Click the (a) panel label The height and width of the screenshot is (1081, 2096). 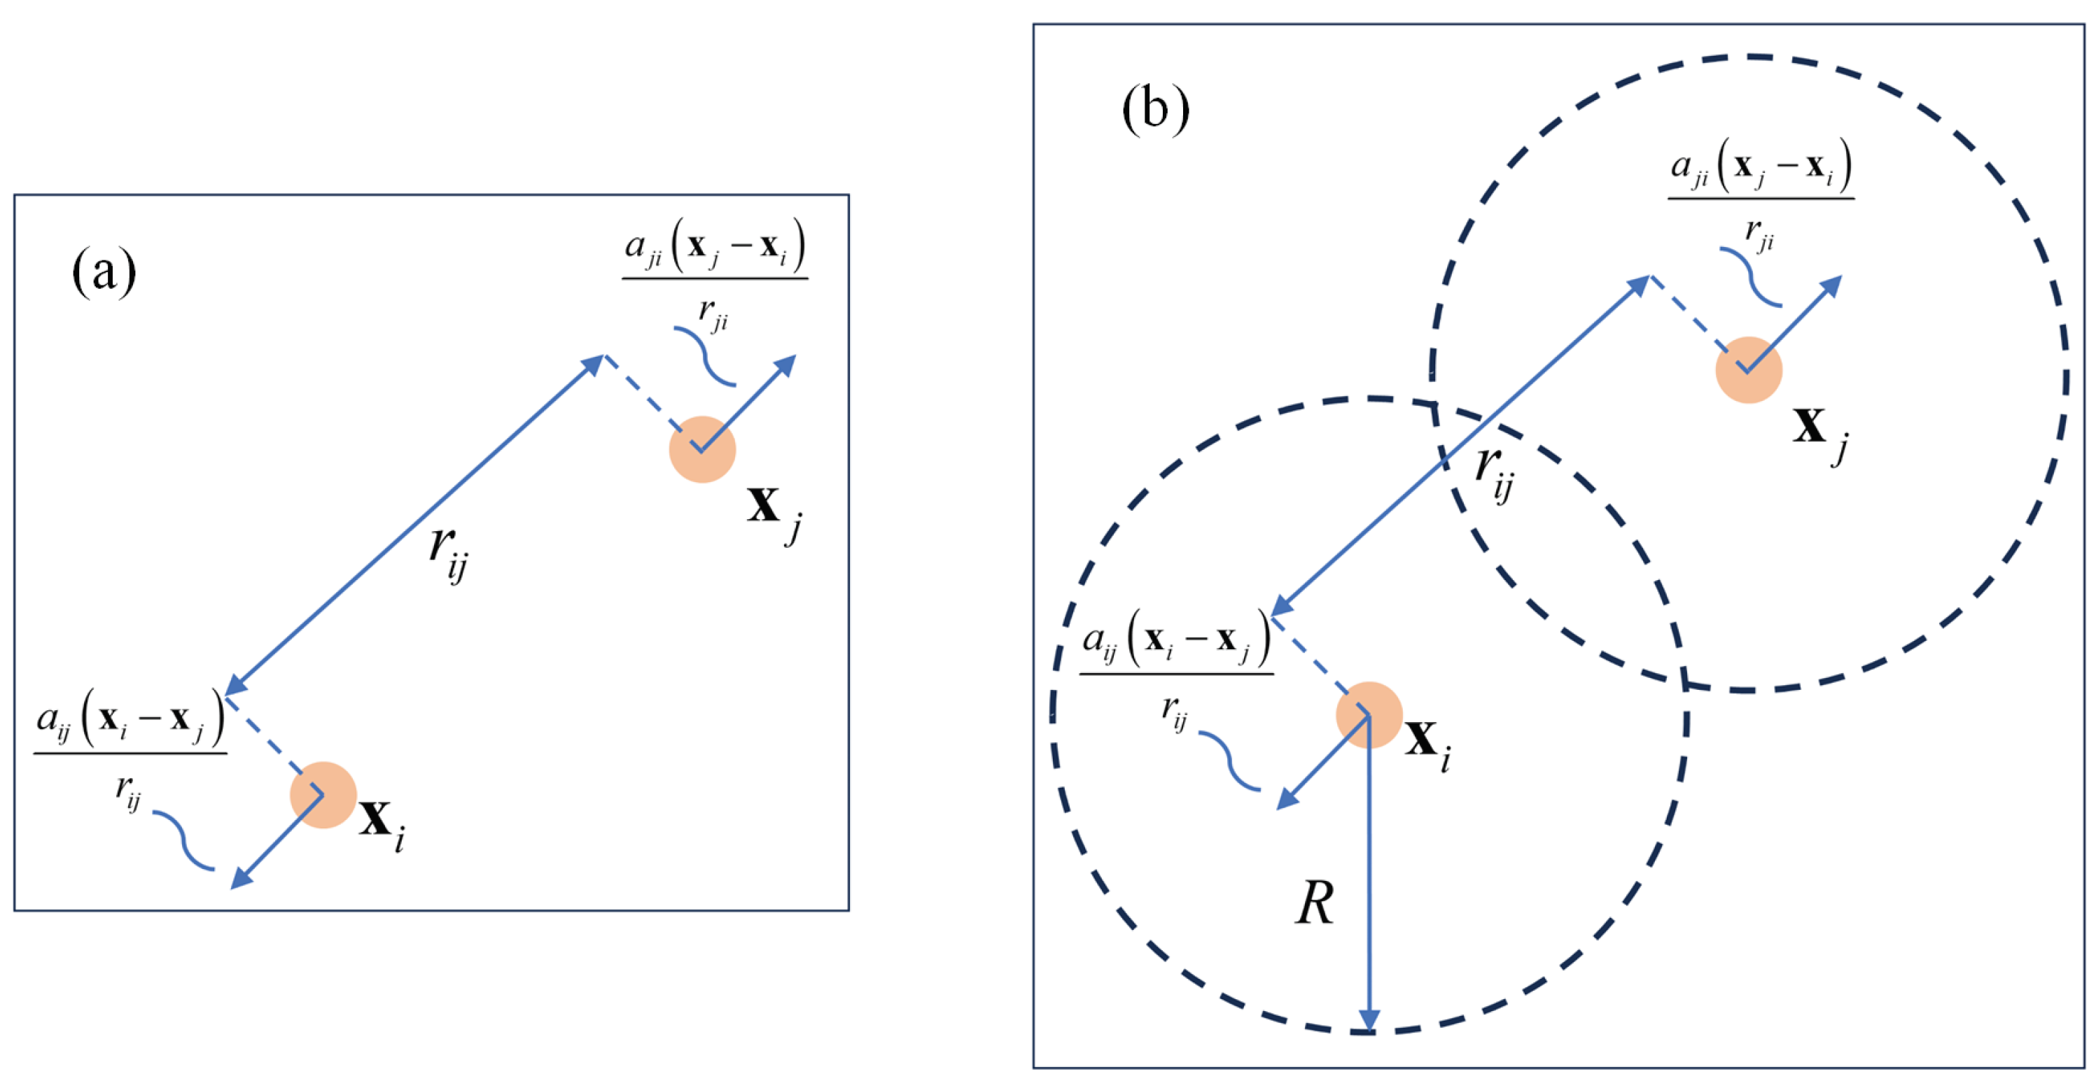coord(104,271)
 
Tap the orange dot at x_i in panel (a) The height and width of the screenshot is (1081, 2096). coord(323,795)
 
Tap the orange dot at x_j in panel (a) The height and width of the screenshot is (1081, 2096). coord(702,449)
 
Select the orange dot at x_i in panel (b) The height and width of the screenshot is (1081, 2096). coord(1369,714)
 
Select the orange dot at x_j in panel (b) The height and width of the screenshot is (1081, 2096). coord(1749,370)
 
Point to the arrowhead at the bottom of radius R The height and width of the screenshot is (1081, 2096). coord(1369,1021)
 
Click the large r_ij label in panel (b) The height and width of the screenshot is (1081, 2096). coord(1495,472)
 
